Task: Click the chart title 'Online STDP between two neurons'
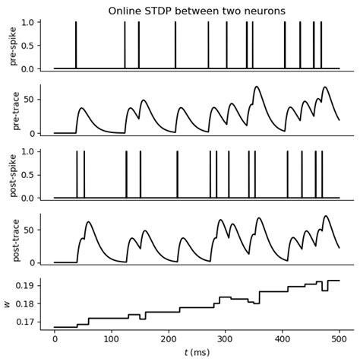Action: [x=197, y=11]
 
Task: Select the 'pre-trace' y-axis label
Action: [x=13, y=110]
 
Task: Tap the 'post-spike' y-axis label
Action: [x=13, y=175]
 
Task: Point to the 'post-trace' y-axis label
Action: [x=13, y=240]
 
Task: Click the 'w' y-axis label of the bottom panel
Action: [x=8, y=304]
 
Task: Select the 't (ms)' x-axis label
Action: [x=197, y=353]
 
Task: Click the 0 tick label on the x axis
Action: [x=55, y=339]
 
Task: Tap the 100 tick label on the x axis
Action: [x=112, y=339]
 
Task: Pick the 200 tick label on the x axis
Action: [x=169, y=339]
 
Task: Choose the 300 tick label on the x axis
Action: [x=226, y=339]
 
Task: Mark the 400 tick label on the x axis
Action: [x=283, y=339]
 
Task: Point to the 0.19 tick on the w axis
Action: [x=26, y=286]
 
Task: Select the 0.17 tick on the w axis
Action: [x=26, y=322]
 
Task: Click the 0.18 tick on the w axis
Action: [x=26, y=304]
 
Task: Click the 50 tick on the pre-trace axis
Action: [x=30, y=100]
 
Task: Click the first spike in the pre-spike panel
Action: [x=76, y=46]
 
